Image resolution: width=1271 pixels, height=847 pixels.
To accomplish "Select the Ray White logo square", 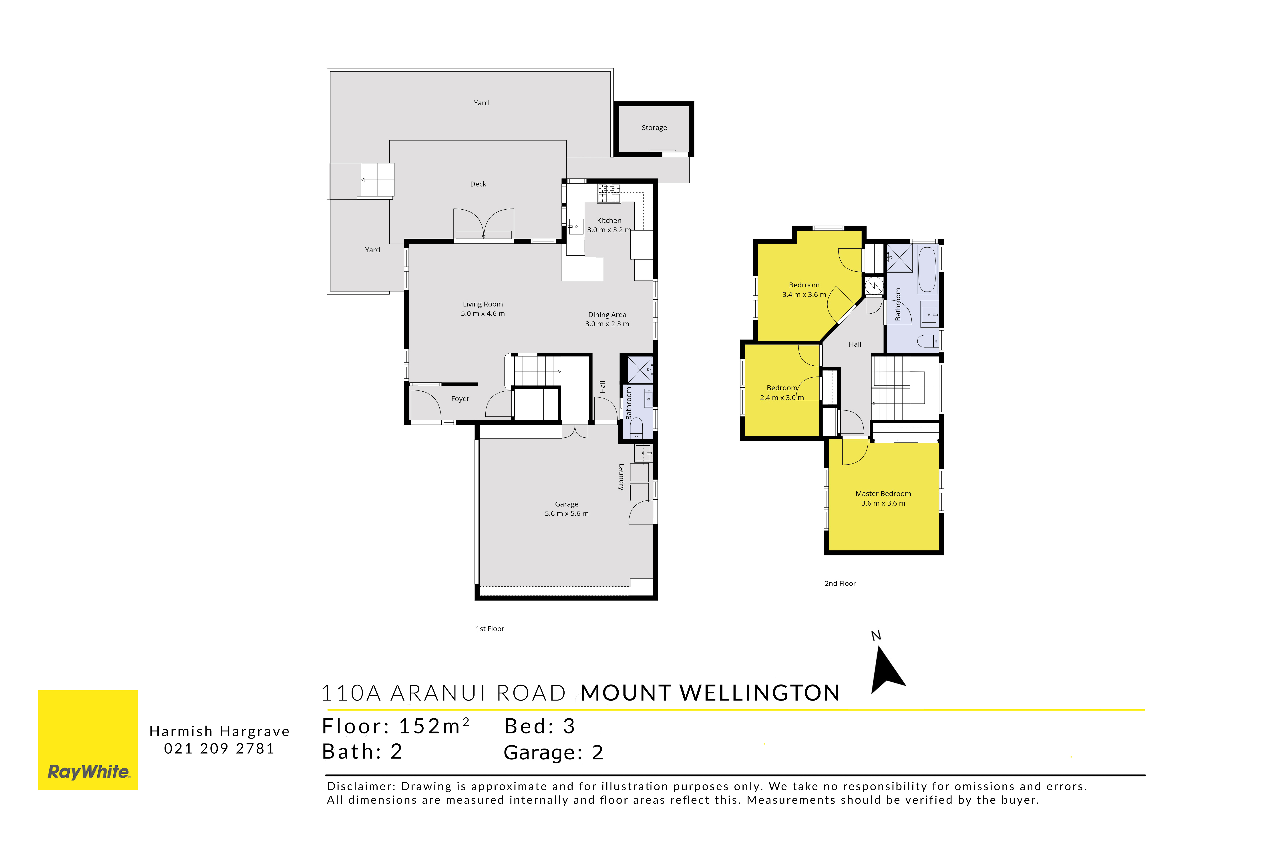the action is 88,740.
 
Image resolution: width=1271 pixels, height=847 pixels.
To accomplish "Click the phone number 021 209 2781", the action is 219,749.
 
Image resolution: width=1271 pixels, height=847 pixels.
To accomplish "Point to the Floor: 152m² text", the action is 396,727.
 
